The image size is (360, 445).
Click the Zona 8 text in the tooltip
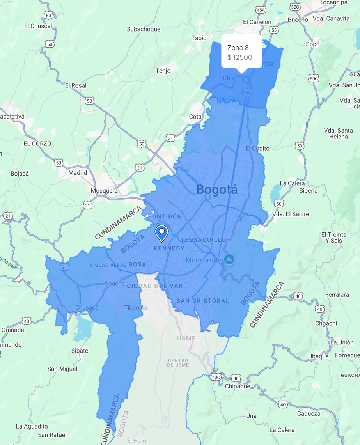238,48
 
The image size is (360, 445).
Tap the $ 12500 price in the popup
240,58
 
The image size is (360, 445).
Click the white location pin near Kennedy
161,233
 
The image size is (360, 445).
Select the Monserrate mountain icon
229,259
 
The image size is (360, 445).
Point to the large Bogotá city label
217,190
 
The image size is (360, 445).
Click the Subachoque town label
144,29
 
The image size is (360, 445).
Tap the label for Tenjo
163,71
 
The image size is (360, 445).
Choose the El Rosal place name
76,85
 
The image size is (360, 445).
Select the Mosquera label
104,191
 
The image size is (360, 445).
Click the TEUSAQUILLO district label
203,239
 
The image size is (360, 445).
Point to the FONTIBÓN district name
165,216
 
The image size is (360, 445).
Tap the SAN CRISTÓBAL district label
203,301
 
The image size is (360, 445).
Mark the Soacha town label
115,284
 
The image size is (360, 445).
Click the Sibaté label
80,351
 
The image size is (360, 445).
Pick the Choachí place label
326,323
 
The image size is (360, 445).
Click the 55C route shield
295,7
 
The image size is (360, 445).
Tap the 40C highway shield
216,378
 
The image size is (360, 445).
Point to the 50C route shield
313,78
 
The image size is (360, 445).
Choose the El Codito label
257,149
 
